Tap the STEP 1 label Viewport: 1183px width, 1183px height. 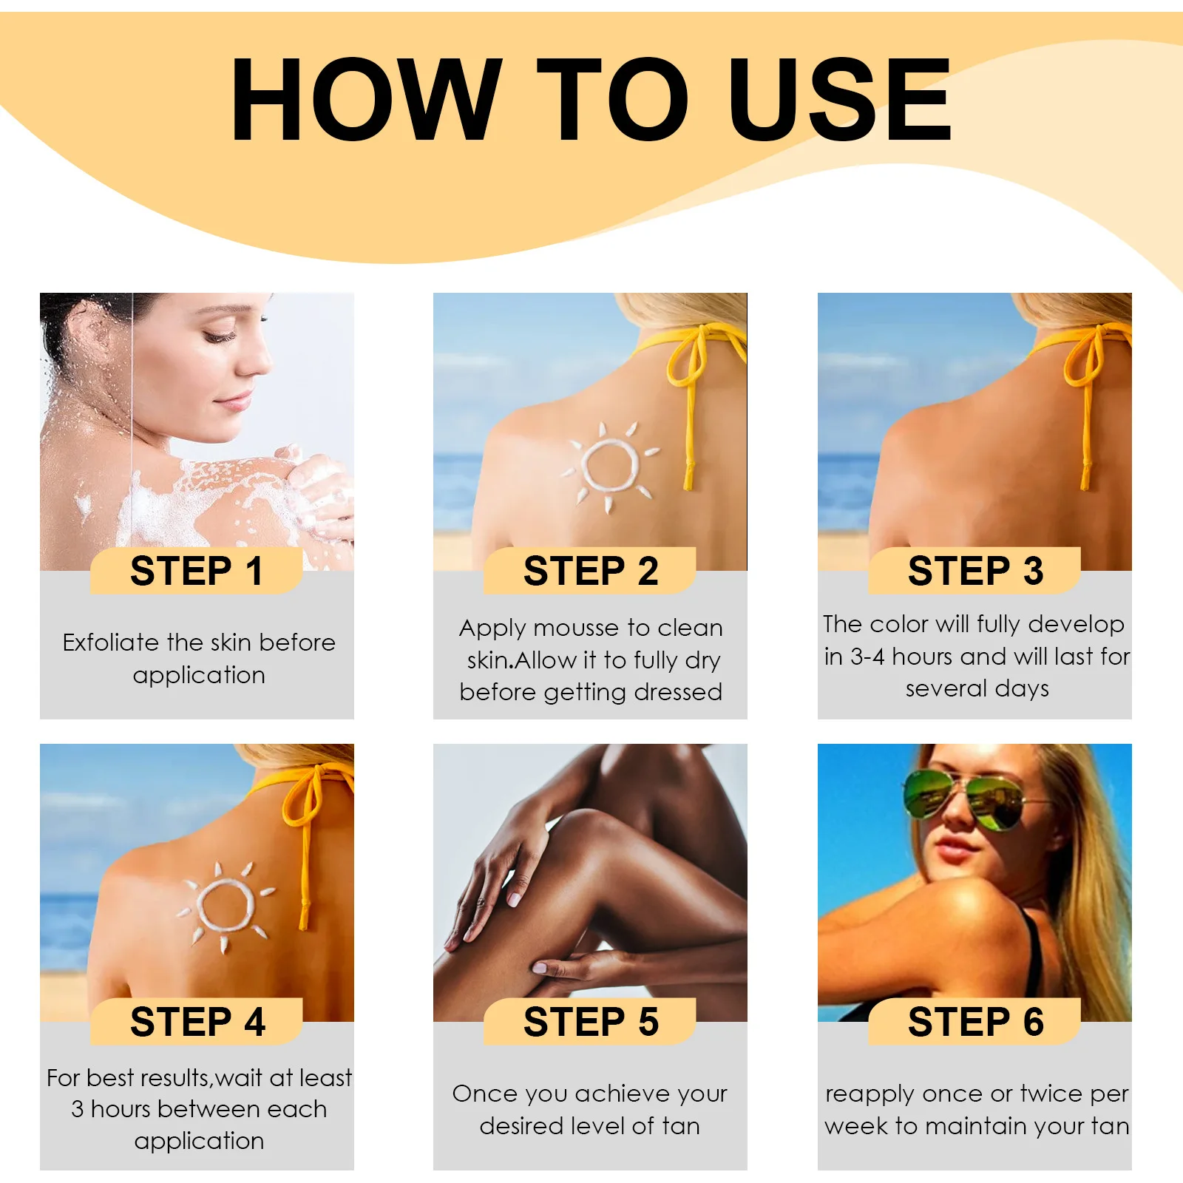[197, 571]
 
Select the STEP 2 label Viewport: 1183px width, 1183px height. [590, 571]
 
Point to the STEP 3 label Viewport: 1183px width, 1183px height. [974, 571]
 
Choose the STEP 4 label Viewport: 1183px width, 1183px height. [197, 1022]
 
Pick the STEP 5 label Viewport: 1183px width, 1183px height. [590, 1022]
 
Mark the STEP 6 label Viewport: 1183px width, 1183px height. [974, 1022]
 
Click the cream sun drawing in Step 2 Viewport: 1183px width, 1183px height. [610, 466]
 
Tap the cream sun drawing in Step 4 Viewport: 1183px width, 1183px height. [226, 906]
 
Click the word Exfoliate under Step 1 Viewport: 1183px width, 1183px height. [110, 643]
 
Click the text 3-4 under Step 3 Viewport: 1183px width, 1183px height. [867, 657]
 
